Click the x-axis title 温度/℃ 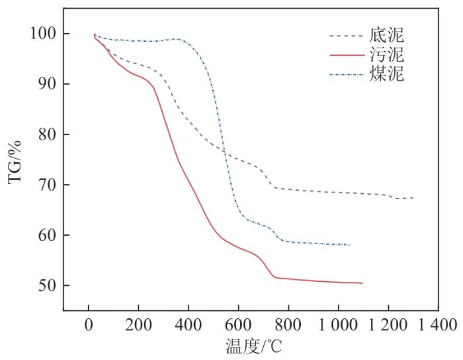tap(251, 346)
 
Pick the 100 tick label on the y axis tap(43, 34)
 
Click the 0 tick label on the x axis tap(89, 325)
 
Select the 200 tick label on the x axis tap(138, 325)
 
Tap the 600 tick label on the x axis tap(238, 325)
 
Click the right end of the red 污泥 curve tap(362, 283)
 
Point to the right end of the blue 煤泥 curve tap(350, 245)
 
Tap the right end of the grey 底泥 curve tap(413, 198)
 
